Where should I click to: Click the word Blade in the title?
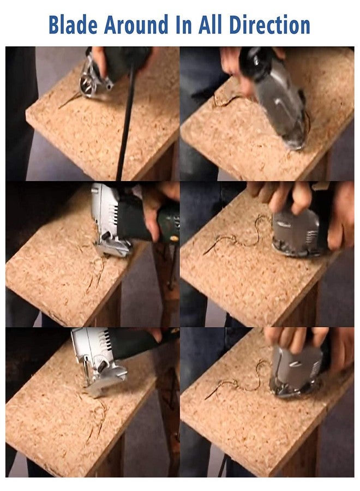click(73, 25)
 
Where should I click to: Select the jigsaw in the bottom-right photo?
click(295, 371)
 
